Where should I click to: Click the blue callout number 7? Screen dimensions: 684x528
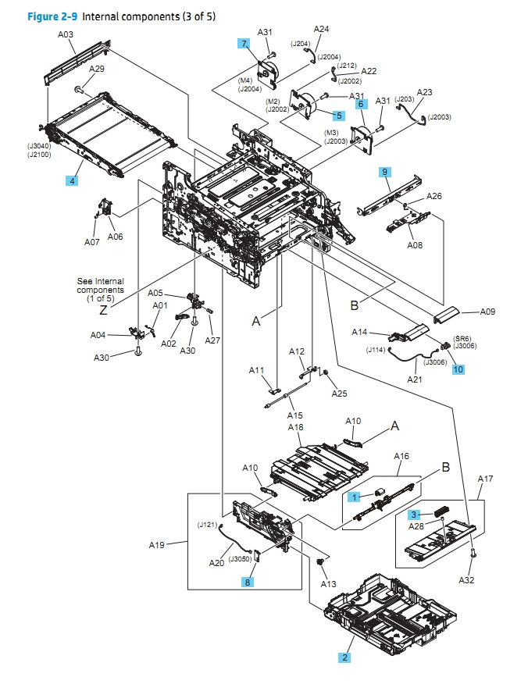pos(244,44)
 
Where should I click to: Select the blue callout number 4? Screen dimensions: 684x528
pos(72,180)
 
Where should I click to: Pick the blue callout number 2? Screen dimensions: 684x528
pos(344,657)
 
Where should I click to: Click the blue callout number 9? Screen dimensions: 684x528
pos(385,171)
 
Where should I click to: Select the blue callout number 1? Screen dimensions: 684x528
pos(354,497)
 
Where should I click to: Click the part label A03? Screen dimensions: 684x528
pos(66,34)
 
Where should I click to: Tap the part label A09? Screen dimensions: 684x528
pos(487,312)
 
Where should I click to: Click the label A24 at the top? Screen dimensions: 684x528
pos(321,30)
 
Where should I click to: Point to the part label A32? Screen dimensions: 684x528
pos(466,580)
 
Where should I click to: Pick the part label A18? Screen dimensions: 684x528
pos(295,427)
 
